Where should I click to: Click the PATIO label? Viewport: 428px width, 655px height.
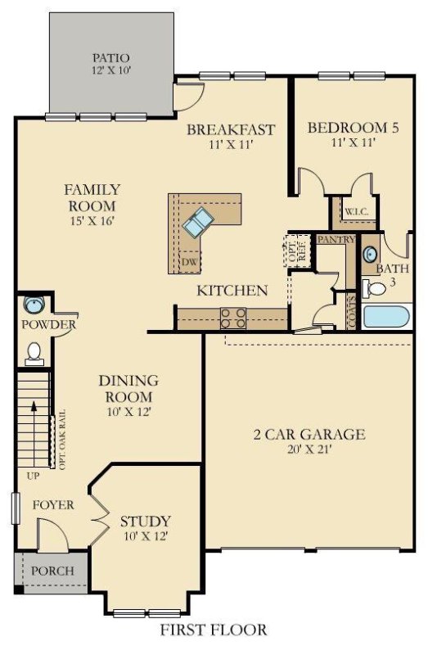(x=111, y=58)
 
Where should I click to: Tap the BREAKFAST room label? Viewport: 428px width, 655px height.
(x=230, y=129)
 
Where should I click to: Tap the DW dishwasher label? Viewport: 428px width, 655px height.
(x=189, y=262)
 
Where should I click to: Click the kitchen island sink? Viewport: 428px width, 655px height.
(x=198, y=221)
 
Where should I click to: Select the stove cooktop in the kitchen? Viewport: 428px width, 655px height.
(x=233, y=317)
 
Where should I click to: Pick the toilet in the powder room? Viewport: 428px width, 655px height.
(x=34, y=352)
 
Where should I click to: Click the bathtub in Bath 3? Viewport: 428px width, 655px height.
(x=387, y=316)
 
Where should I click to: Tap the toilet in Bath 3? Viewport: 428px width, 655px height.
(x=376, y=288)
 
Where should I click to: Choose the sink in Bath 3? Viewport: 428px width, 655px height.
(x=369, y=254)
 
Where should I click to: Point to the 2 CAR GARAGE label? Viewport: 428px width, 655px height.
(x=309, y=435)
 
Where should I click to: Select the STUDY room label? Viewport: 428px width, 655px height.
(x=146, y=521)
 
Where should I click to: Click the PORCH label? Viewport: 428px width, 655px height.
(x=52, y=571)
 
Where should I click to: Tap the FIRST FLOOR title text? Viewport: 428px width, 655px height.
(x=213, y=630)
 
